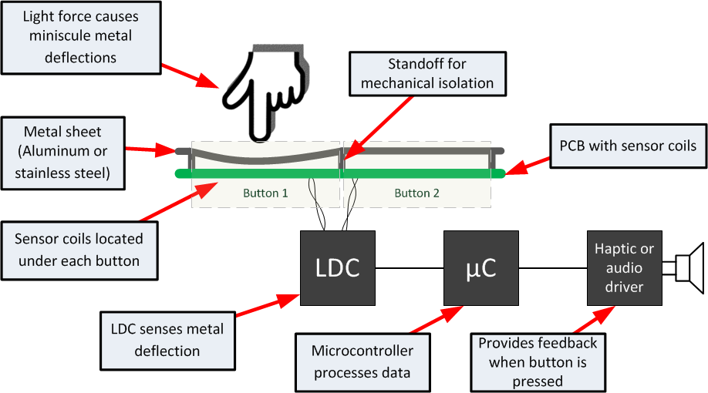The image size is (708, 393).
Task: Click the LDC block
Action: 338,267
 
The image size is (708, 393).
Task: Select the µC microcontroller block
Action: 480,267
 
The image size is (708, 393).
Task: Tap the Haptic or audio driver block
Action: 624,267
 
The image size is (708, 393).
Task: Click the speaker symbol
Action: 690,267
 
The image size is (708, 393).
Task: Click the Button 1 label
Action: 265,193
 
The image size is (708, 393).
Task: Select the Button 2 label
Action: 416,193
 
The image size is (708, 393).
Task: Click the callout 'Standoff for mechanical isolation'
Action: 427,73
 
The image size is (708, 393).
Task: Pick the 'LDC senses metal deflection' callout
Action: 167,340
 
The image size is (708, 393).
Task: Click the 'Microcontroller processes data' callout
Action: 362,361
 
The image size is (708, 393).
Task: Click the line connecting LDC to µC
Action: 410,268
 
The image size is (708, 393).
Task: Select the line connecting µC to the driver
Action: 552,268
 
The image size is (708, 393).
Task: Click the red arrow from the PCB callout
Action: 528,166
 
